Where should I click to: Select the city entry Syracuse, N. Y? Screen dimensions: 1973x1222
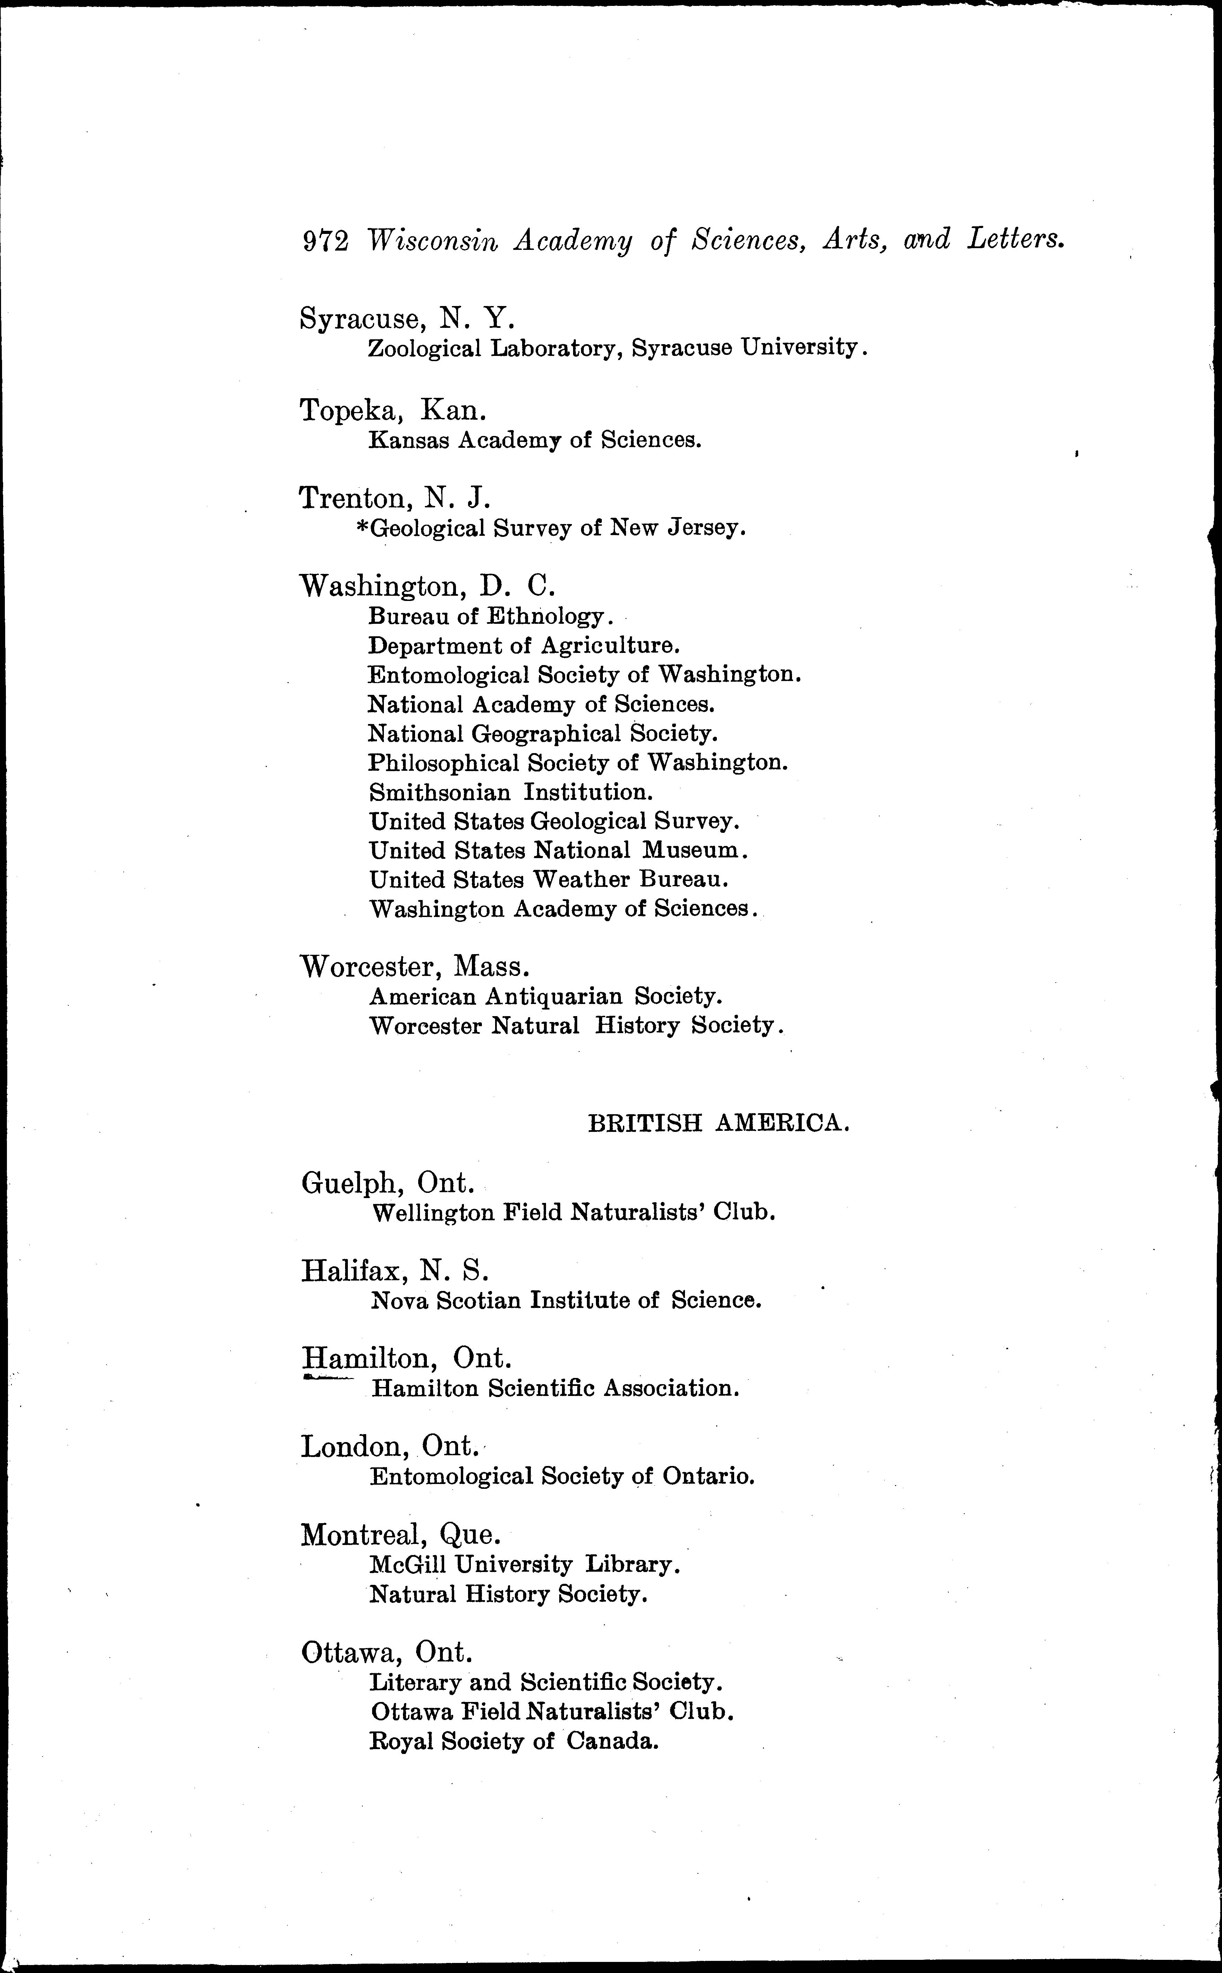pos(406,318)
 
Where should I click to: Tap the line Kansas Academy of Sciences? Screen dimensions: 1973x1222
pos(534,440)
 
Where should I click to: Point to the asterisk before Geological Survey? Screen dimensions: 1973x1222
pos(361,526)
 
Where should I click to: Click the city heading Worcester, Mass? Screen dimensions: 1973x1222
pos(415,967)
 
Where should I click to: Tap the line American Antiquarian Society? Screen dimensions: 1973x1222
pos(545,997)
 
